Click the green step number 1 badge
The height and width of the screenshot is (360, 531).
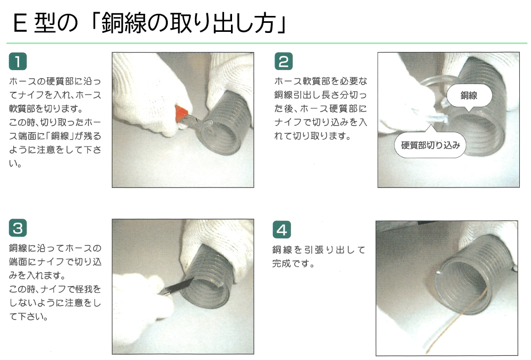point(18,61)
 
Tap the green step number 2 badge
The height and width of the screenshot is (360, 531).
point(284,61)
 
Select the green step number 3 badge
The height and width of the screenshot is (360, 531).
point(18,228)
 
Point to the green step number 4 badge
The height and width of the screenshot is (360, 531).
point(282,229)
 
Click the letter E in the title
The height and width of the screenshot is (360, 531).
point(20,24)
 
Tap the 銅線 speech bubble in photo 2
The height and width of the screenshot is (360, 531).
point(469,96)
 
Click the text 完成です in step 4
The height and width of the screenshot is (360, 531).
point(293,263)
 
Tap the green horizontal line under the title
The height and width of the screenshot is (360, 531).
point(267,44)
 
